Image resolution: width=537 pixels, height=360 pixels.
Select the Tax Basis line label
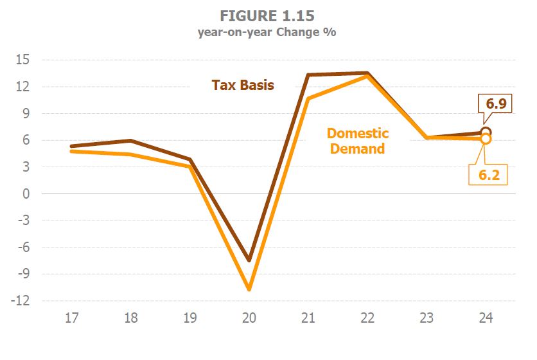243,85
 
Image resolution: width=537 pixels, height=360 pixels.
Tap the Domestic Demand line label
358,141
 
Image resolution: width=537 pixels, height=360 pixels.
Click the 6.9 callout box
495,103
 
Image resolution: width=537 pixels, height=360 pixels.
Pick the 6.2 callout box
488,174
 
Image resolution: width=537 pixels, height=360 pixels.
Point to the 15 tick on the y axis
26,60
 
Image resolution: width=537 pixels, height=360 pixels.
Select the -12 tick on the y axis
23,301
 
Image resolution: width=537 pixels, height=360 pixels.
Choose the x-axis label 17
73,318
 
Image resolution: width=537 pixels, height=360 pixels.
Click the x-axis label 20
249,318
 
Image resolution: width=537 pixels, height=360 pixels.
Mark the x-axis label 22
367,318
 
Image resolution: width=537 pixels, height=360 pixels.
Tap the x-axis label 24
486,318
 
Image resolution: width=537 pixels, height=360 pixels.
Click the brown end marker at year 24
486,132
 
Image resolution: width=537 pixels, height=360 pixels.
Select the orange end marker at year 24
486,138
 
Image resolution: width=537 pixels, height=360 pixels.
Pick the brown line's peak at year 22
367,73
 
